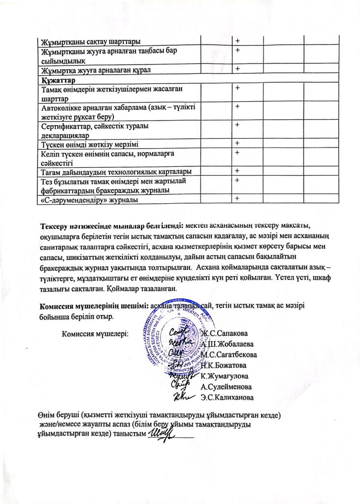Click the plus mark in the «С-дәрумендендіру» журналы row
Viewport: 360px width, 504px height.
point(237,198)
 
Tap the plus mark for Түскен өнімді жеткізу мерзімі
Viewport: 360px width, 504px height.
point(237,143)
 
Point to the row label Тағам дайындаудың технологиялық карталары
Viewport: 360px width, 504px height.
point(116,171)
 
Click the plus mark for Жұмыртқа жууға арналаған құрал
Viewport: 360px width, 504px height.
point(237,69)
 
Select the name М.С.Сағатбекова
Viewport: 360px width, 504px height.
point(229,354)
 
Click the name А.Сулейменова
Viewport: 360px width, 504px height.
point(226,386)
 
